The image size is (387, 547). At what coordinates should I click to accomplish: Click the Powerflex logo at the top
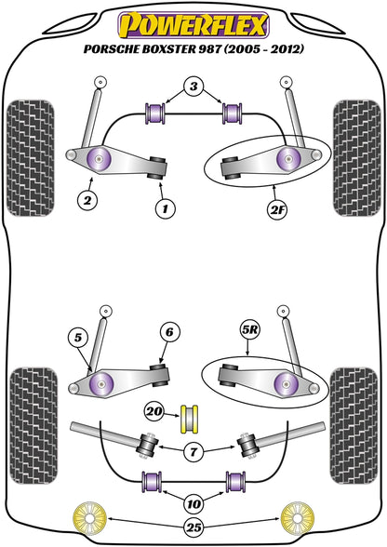(193, 25)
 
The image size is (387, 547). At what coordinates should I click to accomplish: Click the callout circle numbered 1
(165, 209)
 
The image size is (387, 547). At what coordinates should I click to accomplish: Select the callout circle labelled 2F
(277, 210)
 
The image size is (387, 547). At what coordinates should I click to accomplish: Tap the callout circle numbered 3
(193, 87)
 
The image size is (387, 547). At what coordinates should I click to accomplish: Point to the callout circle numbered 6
(169, 332)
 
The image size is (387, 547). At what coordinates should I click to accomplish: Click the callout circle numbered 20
(154, 412)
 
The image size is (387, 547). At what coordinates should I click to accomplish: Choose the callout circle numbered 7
(193, 452)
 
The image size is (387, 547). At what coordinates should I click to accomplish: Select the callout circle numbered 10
(194, 503)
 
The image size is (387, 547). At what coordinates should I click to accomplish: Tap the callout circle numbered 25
(194, 527)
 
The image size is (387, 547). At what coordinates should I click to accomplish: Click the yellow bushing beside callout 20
(189, 419)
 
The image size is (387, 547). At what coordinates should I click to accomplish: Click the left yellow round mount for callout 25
(89, 519)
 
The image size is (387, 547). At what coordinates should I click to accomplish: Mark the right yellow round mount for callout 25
(298, 519)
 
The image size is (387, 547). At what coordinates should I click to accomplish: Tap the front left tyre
(31, 158)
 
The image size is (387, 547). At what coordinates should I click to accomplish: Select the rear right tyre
(354, 425)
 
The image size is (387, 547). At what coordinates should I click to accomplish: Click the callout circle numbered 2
(87, 200)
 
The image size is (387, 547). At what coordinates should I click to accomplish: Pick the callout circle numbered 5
(78, 338)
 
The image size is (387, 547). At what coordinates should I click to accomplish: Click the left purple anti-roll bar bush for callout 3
(155, 113)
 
